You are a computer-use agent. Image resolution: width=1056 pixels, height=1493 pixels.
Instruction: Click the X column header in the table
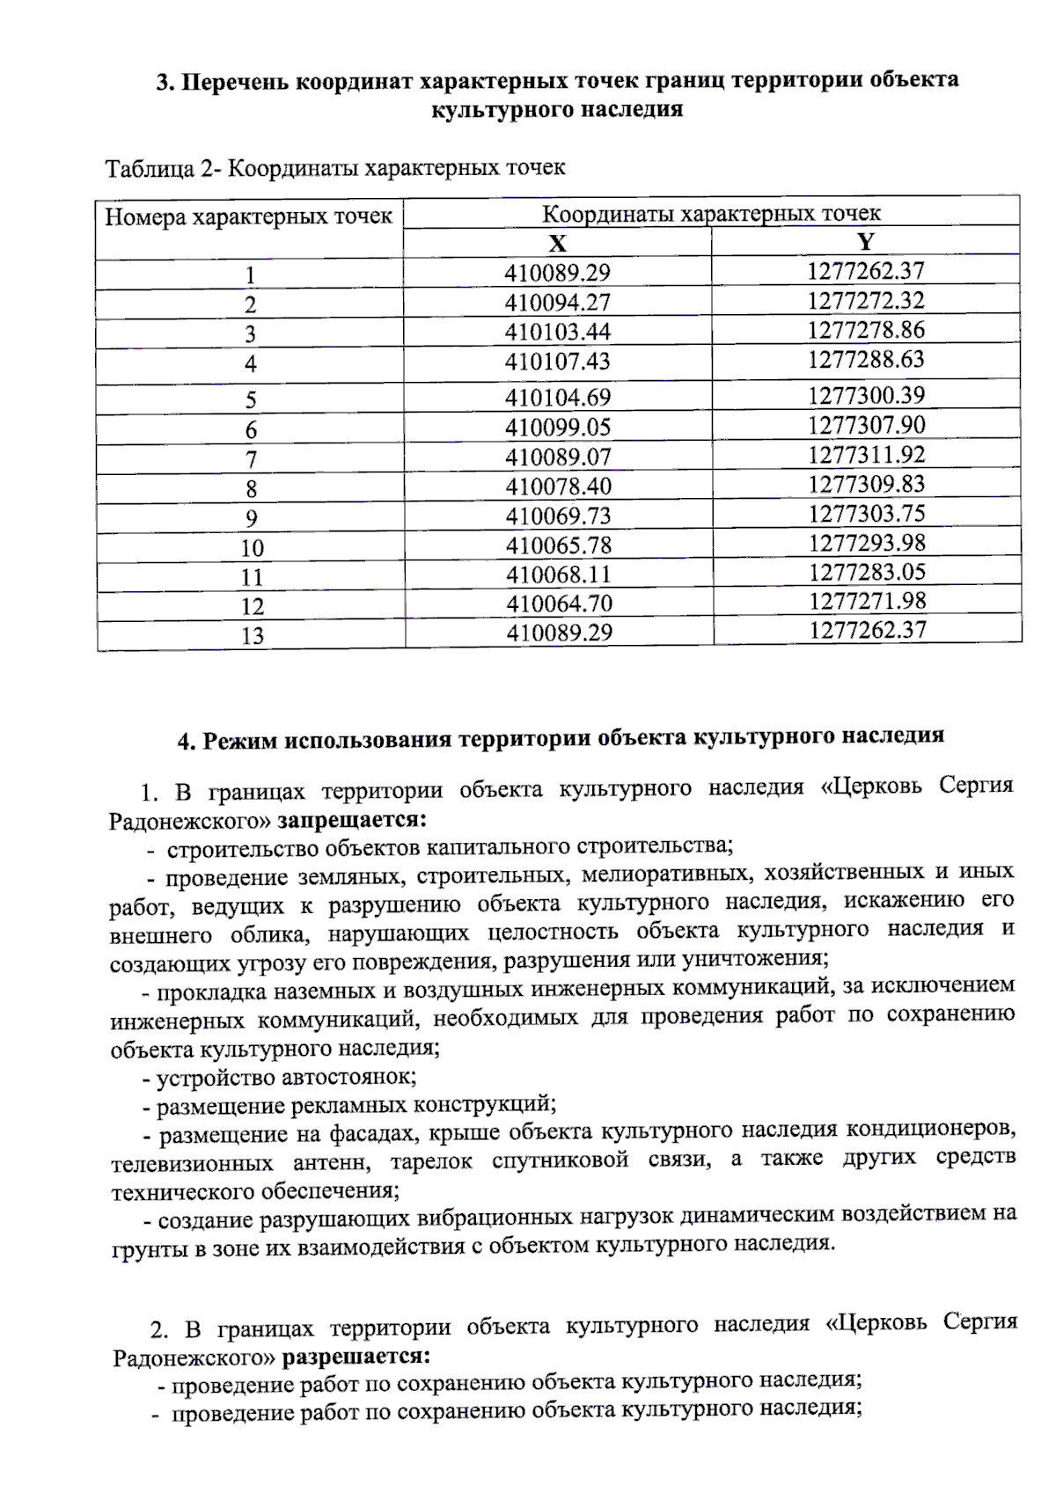(557, 244)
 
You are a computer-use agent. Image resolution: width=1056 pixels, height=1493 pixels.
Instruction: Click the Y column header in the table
(865, 242)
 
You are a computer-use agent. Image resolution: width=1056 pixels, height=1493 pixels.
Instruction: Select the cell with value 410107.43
(557, 362)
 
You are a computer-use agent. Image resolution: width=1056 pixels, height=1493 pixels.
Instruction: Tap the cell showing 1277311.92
(867, 455)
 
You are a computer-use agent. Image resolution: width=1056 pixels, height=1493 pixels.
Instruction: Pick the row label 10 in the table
(252, 549)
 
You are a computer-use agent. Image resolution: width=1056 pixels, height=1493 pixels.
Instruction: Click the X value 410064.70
(559, 604)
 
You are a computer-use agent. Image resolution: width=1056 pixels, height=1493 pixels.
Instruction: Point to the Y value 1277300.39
(867, 396)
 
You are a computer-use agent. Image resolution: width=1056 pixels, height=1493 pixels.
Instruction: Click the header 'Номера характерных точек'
(248, 217)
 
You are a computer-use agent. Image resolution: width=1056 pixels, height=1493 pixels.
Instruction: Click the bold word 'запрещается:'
(352, 820)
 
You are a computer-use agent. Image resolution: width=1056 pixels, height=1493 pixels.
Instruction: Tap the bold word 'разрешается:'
(356, 1357)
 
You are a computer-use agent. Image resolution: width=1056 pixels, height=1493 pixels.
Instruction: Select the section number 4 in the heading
(185, 742)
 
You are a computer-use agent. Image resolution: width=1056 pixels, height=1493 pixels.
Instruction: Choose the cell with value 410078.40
(559, 487)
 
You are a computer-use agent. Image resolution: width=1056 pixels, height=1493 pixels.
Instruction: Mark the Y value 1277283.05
(868, 573)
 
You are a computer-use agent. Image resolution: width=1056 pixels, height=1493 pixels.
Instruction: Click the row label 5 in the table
(251, 400)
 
